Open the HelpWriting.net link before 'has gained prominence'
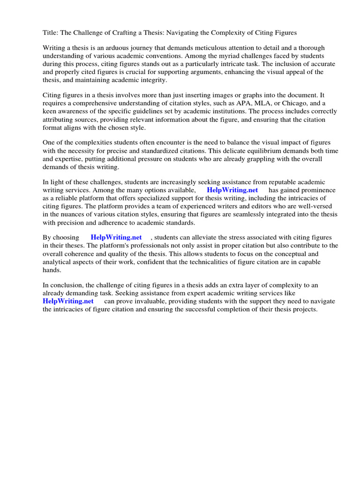point(232,190)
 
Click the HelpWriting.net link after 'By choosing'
point(116,238)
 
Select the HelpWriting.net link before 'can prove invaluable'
point(68,301)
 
